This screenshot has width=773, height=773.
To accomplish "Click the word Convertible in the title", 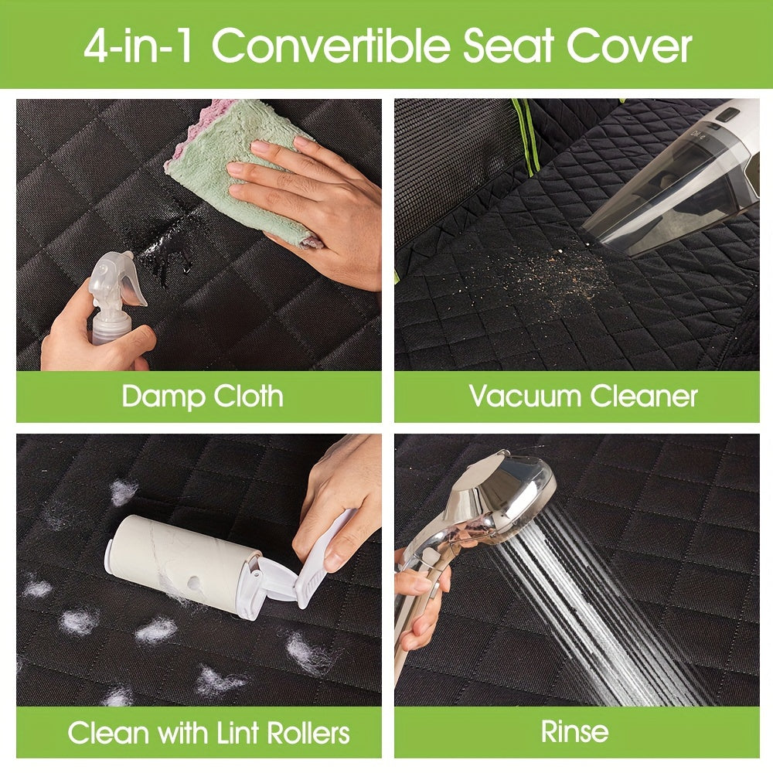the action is coord(332,46).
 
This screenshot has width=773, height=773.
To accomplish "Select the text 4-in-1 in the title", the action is coord(138,46).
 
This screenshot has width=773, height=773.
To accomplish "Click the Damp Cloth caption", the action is coord(202,396).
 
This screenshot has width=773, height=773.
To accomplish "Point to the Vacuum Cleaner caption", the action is coord(583,396).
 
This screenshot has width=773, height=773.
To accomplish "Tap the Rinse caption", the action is coord(575,731).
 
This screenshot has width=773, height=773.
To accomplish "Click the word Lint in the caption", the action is coord(238,733).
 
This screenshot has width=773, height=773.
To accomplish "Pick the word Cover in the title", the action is coord(629,46).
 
